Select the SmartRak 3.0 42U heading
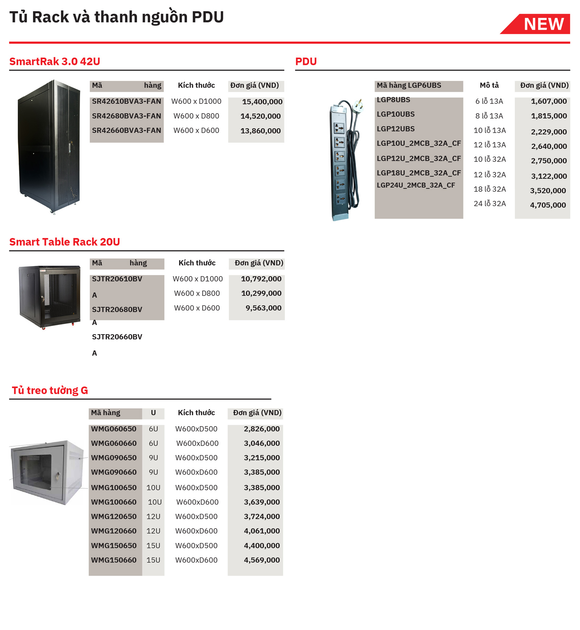[x=55, y=61]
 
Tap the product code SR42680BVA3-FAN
[x=126, y=116]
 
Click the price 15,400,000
[x=262, y=102]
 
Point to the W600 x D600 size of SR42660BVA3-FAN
[x=196, y=131]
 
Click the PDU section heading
[x=306, y=61]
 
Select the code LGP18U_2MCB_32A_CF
[x=419, y=173]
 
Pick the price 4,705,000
[x=548, y=205]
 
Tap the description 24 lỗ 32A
[x=489, y=204]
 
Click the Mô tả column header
[x=489, y=86]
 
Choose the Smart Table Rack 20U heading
[x=65, y=242]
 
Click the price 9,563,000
[x=263, y=308]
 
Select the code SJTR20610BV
[x=117, y=279]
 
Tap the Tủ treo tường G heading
[x=50, y=390]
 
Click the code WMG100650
[x=113, y=488]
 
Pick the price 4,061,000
[x=261, y=531]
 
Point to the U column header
[x=153, y=413]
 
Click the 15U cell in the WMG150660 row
[x=153, y=560]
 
